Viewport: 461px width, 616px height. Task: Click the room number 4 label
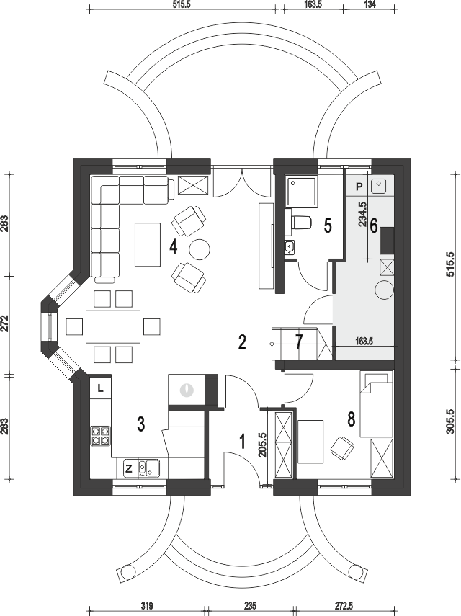click(x=173, y=246)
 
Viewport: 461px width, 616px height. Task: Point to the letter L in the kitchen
click(x=100, y=388)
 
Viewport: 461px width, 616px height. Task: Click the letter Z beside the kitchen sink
click(x=128, y=469)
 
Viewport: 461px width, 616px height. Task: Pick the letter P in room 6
click(x=359, y=185)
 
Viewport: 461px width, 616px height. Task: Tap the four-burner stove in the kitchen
click(x=100, y=434)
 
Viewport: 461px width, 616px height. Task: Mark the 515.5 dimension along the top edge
click(x=185, y=4)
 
